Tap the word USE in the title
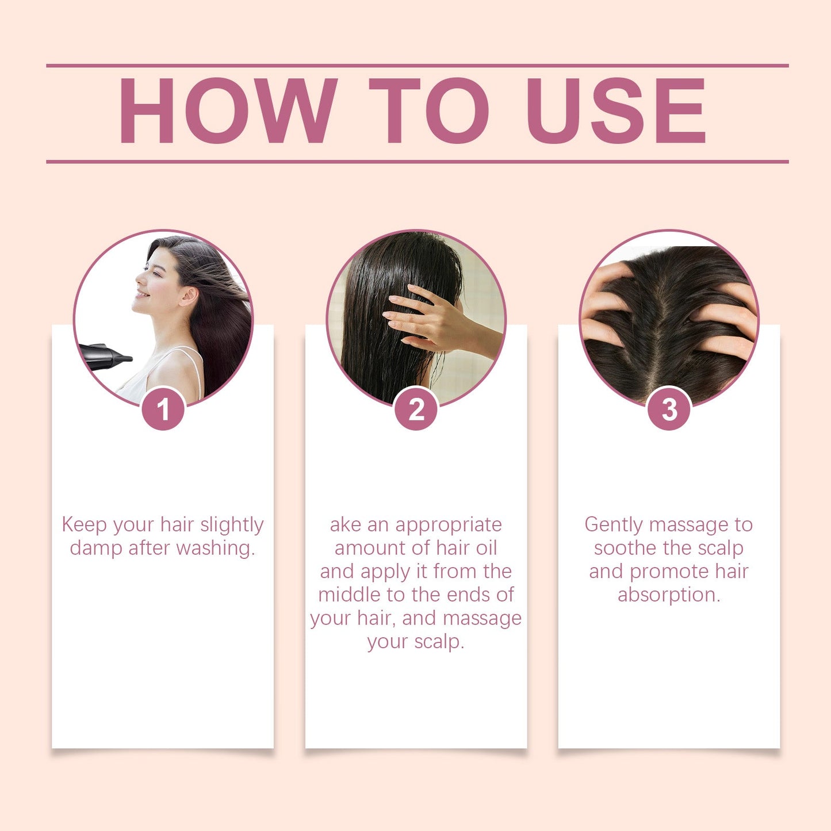pyautogui.click(x=616, y=110)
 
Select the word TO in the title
pyautogui.click(x=428, y=110)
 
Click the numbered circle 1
pyautogui.click(x=163, y=409)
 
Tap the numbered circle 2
pyautogui.click(x=416, y=409)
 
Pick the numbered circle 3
pyautogui.click(x=669, y=409)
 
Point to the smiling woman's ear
pyautogui.click(x=188, y=296)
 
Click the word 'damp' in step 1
pyautogui.click(x=96, y=548)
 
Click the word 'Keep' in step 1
pyautogui.click(x=84, y=524)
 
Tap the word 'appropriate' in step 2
pyautogui.click(x=449, y=524)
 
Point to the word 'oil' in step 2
pyautogui.click(x=486, y=548)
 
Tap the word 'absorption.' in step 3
pyautogui.click(x=669, y=595)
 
